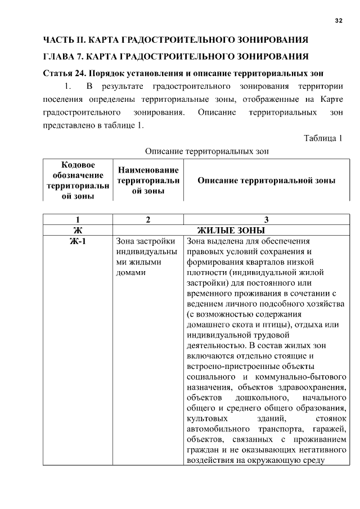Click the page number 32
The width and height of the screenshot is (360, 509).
tap(338, 21)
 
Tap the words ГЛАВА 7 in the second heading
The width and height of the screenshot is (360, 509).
tap(66, 57)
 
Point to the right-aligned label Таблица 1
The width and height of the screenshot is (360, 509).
tap(323, 138)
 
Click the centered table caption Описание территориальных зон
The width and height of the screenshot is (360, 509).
tap(207, 151)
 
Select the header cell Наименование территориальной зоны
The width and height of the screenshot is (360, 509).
tap(148, 180)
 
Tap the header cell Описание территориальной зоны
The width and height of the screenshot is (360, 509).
tap(266, 181)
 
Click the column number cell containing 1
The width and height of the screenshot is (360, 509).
tap(78, 219)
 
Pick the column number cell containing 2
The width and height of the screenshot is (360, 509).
tap(148, 219)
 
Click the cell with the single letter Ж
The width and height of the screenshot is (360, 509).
tap(78, 230)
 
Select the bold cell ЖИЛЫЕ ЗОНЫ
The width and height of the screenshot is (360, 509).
tap(231, 230)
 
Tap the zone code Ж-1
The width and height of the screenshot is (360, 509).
tap(78, 241)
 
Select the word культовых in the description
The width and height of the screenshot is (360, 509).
tap(206, 418)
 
